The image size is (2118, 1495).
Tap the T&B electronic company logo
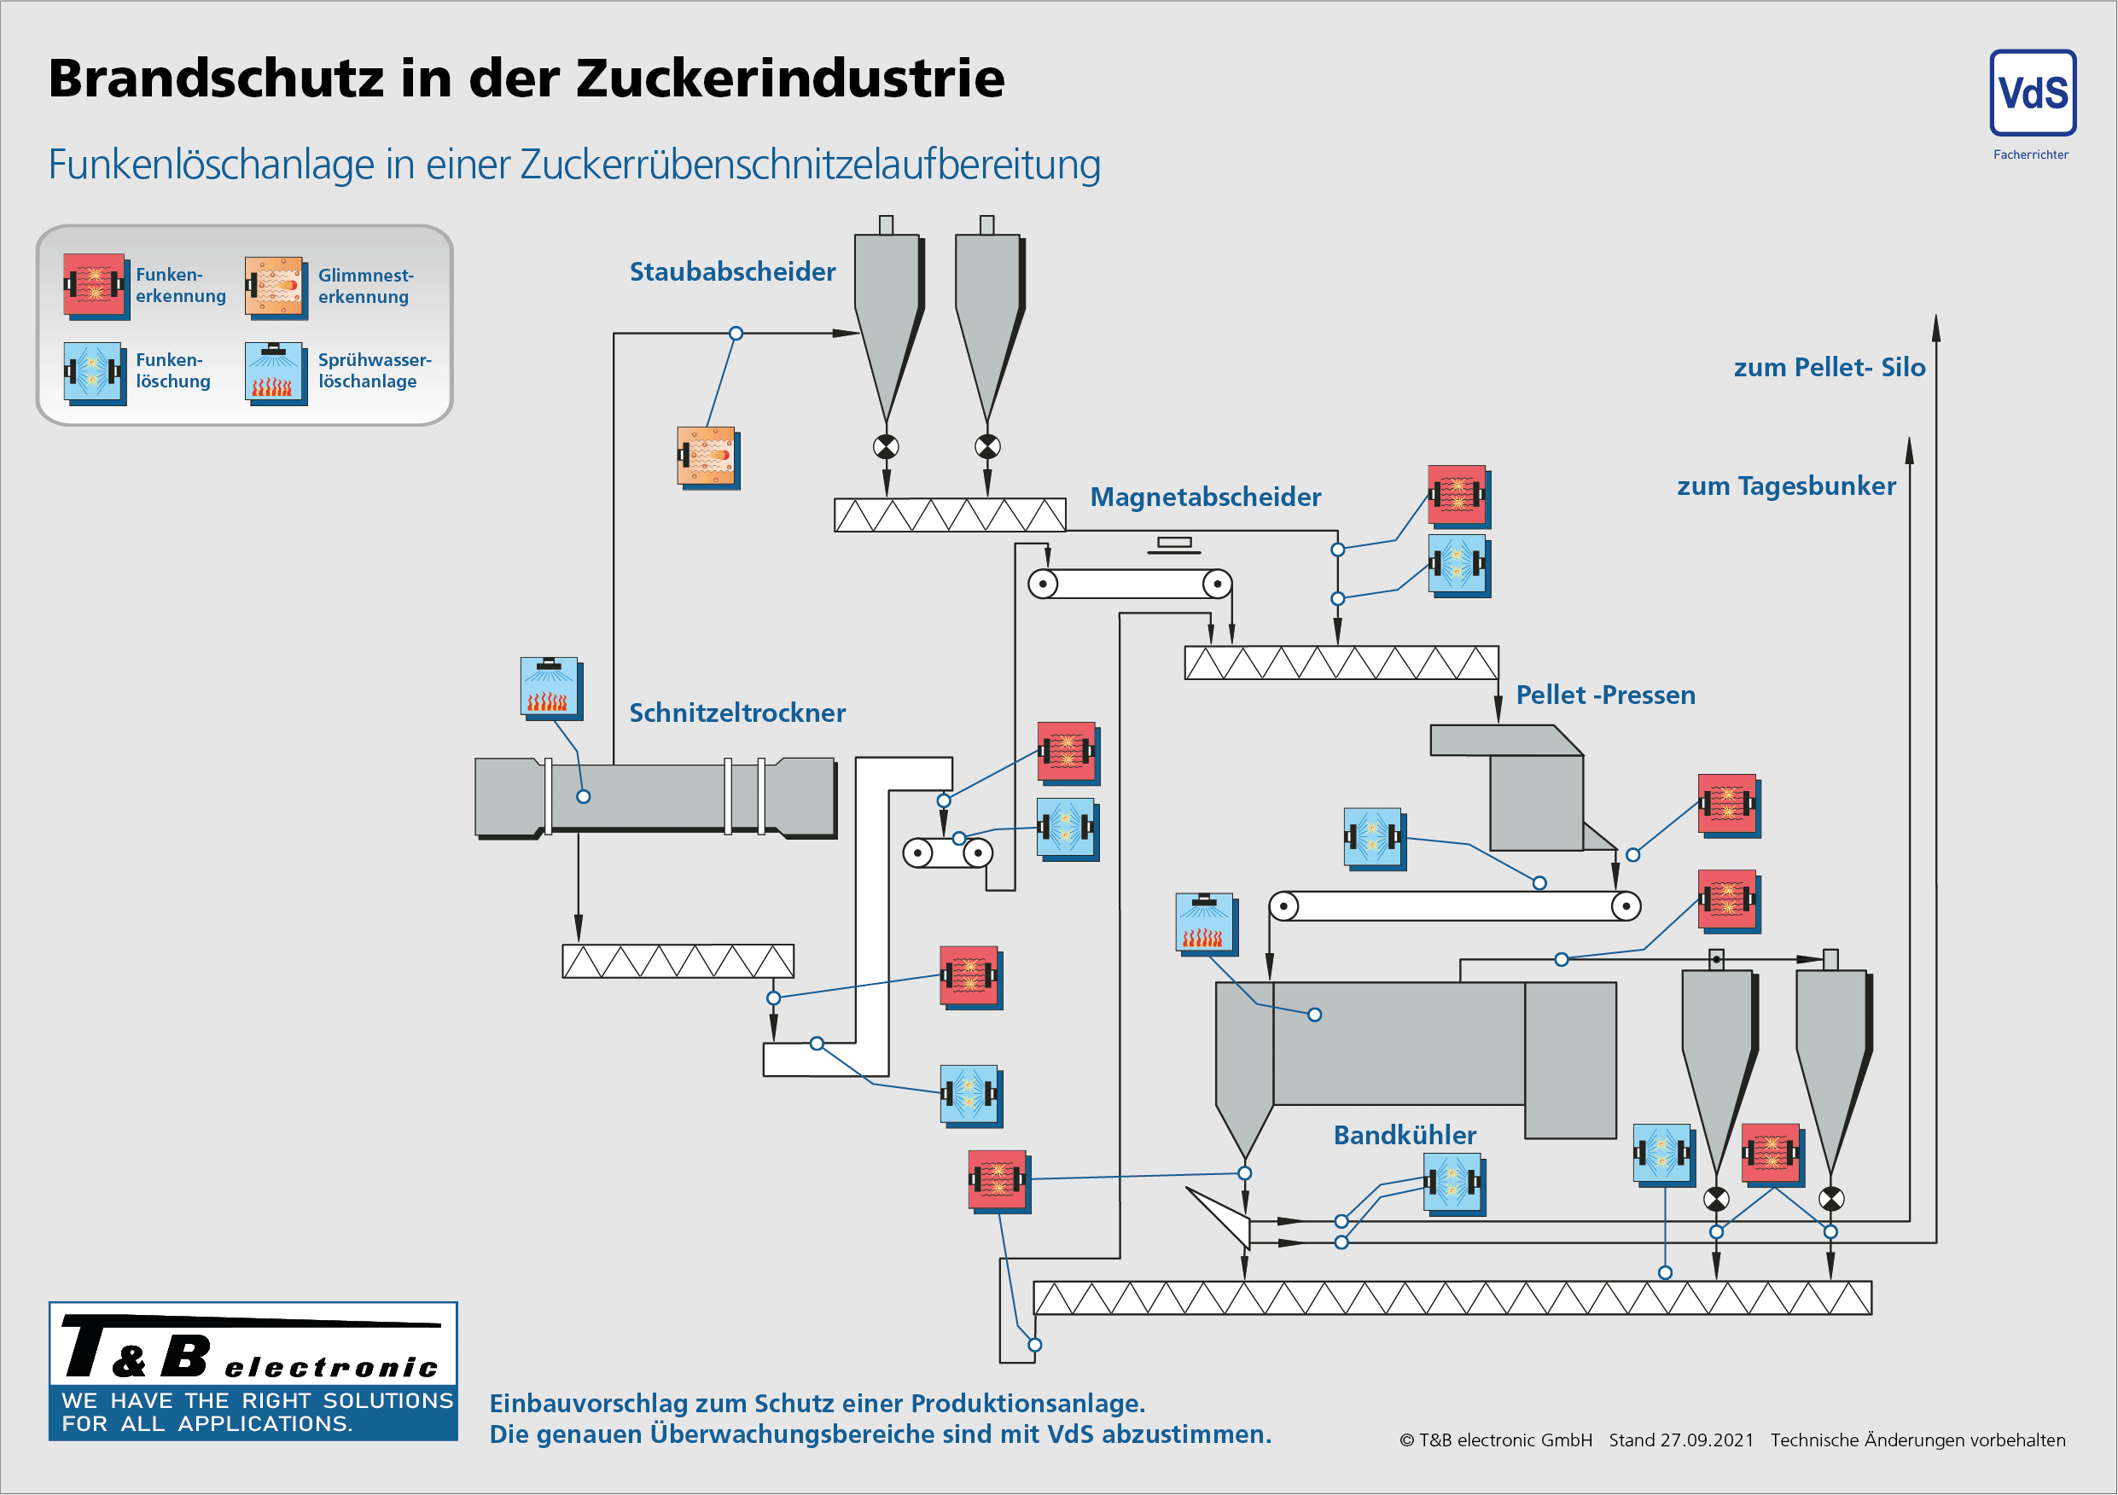[x=253, y=1370]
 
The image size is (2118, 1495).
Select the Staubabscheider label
[x=732, y=272]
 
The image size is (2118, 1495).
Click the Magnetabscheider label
[x=1205, y=497]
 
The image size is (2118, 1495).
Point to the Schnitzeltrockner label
[x=737, y=713]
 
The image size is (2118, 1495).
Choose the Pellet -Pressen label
[x=1605, y=695]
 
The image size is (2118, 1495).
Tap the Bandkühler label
[x=1404, y=1135]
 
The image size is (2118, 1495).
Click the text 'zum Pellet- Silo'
[x=1830, y=368]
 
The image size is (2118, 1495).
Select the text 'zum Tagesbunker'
[x=1786, y=486]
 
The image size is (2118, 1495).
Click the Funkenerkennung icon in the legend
[x=94, y=285]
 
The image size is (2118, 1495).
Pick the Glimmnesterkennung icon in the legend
[x=275, y=287]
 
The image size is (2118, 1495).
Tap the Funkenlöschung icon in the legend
[x=94, y=372]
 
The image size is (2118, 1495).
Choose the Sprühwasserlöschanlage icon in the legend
[x=275, y=372]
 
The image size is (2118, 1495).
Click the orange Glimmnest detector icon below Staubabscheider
[x=707, y=457]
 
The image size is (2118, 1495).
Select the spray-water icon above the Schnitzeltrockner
[x=550, y=687]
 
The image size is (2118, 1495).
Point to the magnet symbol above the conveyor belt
[x=1173, y=545]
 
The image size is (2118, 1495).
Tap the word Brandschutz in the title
[x=216, y=79]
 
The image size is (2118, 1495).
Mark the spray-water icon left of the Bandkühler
[x=1205, y=923]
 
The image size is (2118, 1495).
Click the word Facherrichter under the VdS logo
[x=2030, y=155]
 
